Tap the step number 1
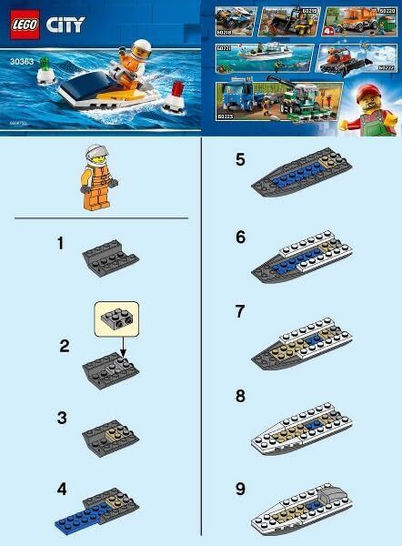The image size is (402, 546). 62,245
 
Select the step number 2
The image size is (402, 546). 65,346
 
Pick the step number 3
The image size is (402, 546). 62,418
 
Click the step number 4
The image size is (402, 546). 62,489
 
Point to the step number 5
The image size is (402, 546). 240,160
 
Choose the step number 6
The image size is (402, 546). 240,236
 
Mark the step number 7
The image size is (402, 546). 240,310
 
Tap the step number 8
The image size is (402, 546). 240,397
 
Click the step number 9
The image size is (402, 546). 240,489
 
